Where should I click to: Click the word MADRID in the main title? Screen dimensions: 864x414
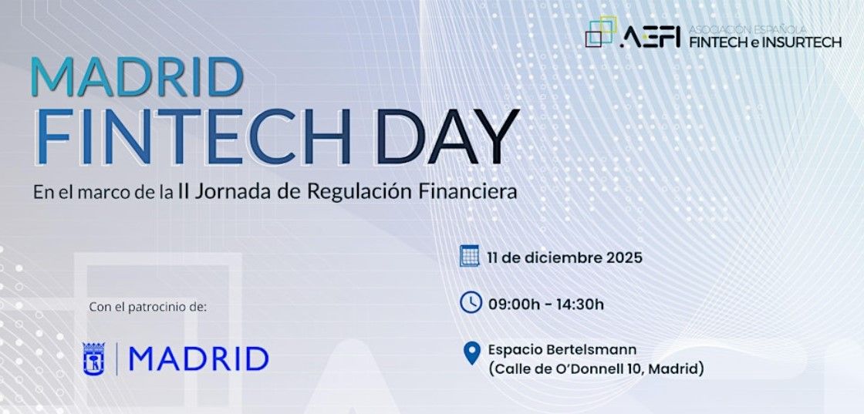pos(137,76)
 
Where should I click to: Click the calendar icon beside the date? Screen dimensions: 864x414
pos(470,256)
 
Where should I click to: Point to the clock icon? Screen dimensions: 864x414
pos(471,302)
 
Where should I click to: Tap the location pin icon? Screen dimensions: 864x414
pos(471,353)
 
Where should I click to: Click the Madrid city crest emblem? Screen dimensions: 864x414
pos(93,359)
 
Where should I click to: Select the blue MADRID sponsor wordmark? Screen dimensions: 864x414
pos(198,359)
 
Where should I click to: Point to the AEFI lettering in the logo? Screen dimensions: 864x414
pos(650,36)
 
